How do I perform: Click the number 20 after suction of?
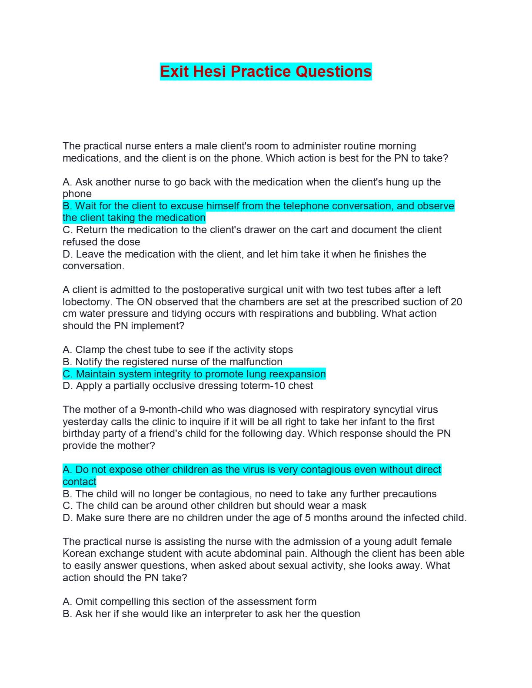tap(456, 302)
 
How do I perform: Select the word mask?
tap(355, 506)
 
